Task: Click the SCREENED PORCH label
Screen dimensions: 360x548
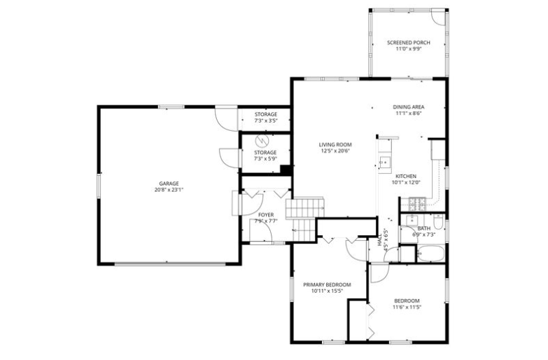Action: (409, 43)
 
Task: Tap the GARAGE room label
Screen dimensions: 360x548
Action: (169, 183)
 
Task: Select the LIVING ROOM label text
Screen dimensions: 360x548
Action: (335, 144)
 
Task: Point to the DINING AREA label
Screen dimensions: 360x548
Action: (409, 107)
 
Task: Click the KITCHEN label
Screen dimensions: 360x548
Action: (406, 176)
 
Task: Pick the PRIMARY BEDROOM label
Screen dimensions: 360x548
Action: (327, 284)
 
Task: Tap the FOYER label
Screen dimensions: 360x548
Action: (266, 215)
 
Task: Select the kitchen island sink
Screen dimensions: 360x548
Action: (384, 163)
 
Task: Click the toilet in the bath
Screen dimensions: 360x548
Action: (437, 223)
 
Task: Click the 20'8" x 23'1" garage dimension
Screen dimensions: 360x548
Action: (169, 190)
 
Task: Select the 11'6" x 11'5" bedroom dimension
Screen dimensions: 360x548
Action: (407, 307)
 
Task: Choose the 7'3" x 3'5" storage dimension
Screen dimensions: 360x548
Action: (266, 120)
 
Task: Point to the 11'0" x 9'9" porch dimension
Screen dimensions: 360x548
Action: (409, 50)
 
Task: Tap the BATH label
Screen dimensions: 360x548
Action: (424, 228)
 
